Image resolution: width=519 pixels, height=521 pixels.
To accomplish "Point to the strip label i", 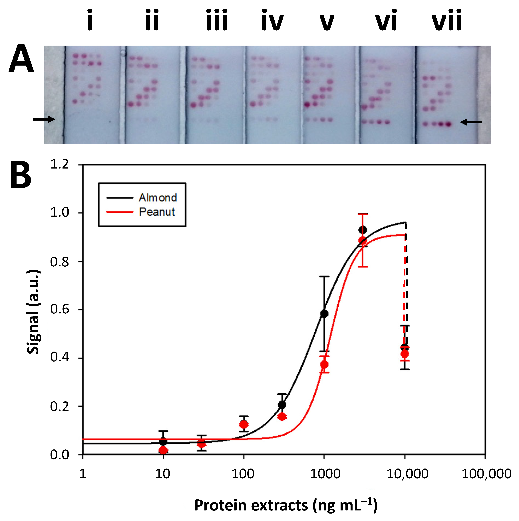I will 90,20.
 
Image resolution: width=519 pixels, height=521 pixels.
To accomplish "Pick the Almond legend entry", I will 158,198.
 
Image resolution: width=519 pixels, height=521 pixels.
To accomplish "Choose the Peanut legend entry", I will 157,212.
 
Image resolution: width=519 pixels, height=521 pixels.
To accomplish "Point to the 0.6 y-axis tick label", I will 60,309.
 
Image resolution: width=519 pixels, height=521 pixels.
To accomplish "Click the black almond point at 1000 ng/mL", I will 324,314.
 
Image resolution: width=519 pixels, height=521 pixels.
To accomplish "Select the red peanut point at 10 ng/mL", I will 163,450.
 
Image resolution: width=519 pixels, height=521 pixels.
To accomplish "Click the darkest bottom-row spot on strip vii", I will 448,124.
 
